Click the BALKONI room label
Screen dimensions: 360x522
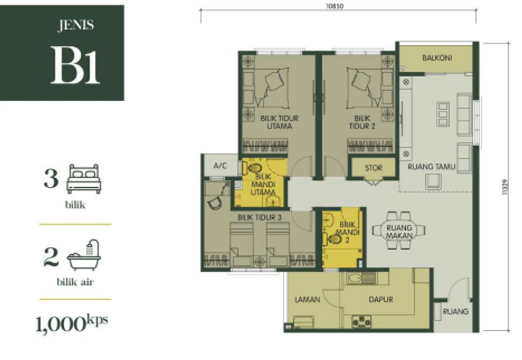point(437,57)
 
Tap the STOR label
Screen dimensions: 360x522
point(373,168)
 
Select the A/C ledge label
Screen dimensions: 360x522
point(220,166)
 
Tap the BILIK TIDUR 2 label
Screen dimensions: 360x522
point(360,122)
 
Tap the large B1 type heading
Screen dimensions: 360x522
point(76,66)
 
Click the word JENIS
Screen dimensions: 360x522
point(76,26)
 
